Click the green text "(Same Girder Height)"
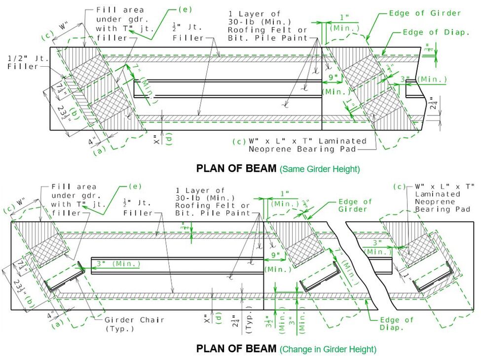[320, 169]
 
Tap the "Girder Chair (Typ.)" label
[134, 324]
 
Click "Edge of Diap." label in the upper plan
[436, 32]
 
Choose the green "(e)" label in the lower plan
[133, 186]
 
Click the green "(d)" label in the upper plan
[169, 139]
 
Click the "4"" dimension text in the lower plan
[52, 314]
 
